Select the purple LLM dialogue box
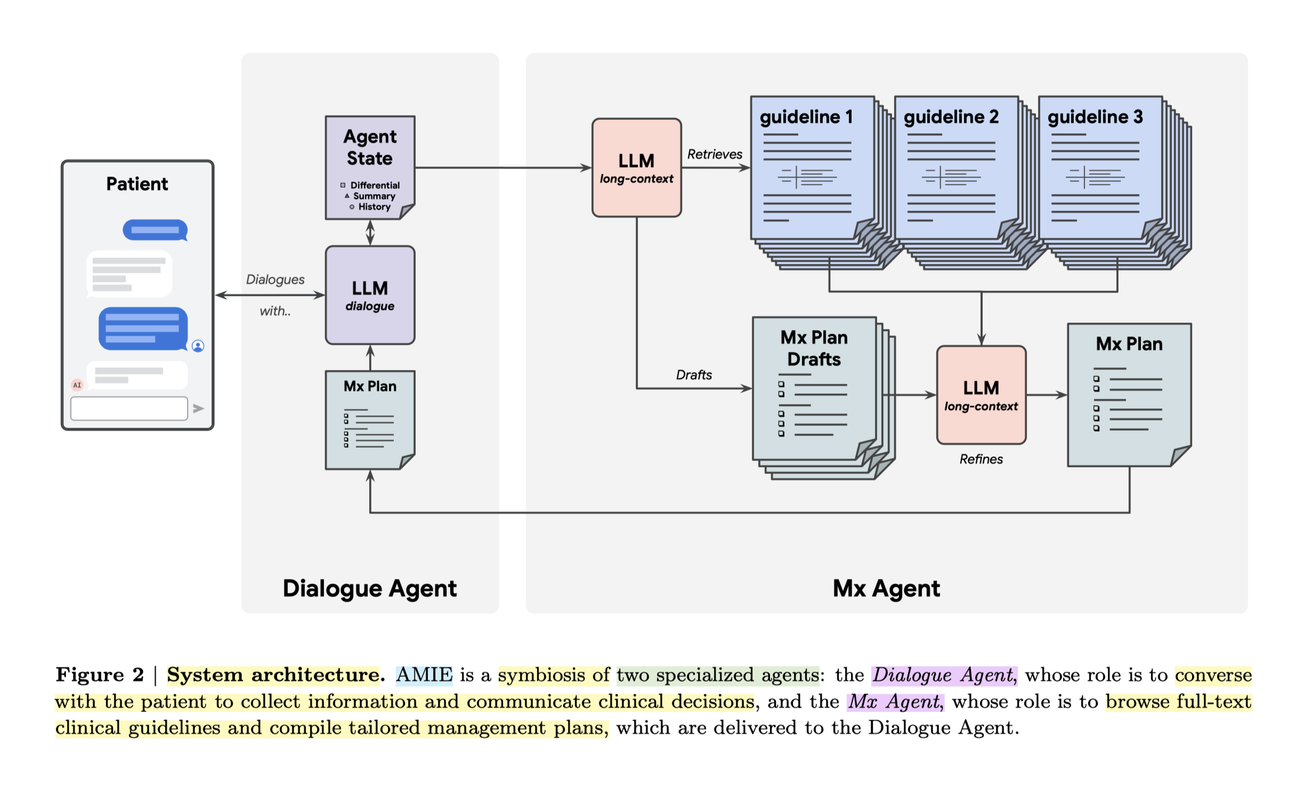[370, 295]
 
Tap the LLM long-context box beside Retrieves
[636, 167]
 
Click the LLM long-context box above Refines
[981, 395]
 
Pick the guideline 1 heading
[806, 117]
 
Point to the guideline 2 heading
[951, 117]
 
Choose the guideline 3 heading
[1095, 117]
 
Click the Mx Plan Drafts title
[814, 348]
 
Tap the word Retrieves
[714, 154]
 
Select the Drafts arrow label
[693, 375]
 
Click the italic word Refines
[981, 459]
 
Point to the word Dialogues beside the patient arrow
[275, 279]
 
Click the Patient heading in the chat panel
[137, 184]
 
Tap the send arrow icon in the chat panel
[198, 408]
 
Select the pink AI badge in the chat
[77, 385]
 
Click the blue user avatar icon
[198, 346]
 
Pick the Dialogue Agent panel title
[369, 589]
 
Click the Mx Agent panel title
[886, 589]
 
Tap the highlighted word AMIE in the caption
[424, 675]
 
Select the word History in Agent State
[374, 207]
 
